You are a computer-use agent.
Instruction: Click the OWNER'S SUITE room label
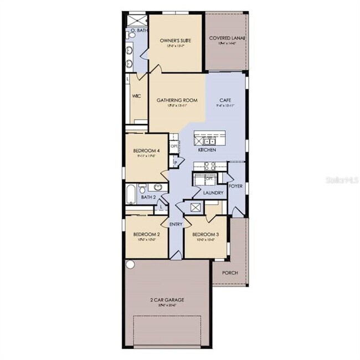click(x=175, y=41)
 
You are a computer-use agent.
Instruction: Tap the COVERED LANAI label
click(x=227, y=38)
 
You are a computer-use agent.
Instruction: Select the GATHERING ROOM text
click(x=177, y=100)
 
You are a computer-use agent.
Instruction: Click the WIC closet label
click(x=137, y=96)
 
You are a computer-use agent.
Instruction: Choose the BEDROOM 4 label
click(x=147, y=151)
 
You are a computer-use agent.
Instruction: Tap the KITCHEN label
click(x=207, y=150)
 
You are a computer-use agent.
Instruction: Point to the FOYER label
click(x=235, y=186)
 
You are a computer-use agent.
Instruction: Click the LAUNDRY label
click(x=213, y=193)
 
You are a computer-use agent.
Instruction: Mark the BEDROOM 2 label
click(x=146, y=234)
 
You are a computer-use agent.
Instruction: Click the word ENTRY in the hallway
click(x=176, y=224)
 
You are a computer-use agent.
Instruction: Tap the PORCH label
click(x=230, y=272)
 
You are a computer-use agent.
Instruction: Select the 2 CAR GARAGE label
click(x=167, y=300)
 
